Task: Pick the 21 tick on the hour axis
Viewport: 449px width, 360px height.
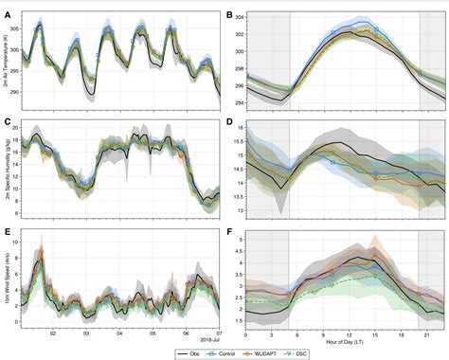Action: [427, 331]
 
